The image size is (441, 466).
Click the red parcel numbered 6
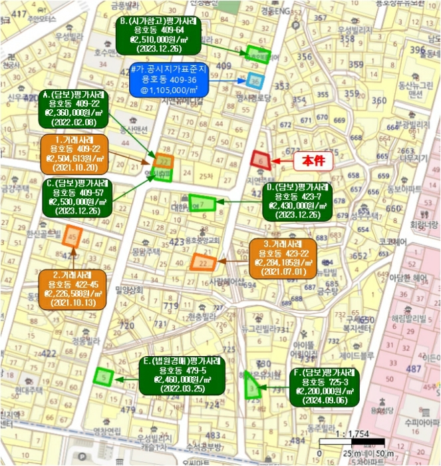[261, 159]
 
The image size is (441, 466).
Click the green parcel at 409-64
[256, 55]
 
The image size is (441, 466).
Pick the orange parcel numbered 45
[74, 236]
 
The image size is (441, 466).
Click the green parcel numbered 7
[202, 202]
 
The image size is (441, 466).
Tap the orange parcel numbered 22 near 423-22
[202, 262]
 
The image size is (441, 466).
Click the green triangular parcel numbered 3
[252, 385]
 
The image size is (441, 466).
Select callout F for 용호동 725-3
[324, 383]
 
